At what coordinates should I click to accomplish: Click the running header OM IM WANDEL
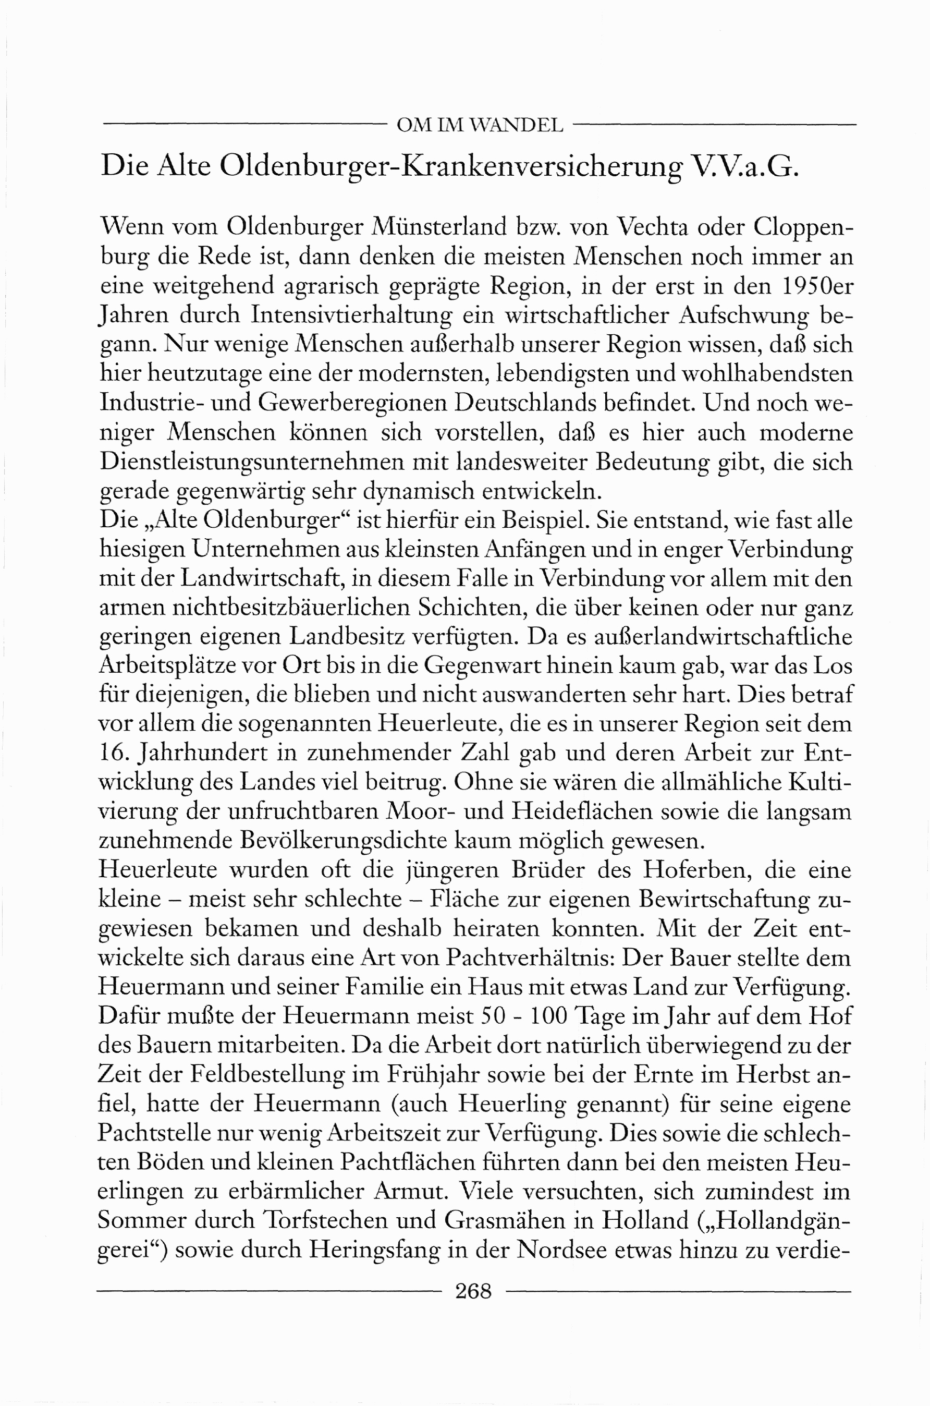click(479, 126)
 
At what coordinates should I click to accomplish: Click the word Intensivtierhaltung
click(350, 315)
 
